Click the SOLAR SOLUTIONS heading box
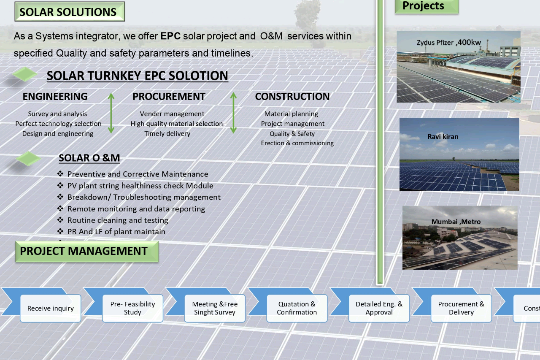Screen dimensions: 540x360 (70, 11)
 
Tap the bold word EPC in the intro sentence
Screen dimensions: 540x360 (170, 36)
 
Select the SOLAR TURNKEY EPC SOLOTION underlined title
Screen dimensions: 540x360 (138, 76)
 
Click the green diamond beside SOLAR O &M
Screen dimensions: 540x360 (28, 158)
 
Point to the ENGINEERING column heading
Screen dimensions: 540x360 (55, 97)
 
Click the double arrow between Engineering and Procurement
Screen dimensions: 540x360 (111, 113)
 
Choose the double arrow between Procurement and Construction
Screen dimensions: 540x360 (233, 113)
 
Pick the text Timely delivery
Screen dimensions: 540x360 (167, 134)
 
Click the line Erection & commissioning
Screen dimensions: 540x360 (297, 143)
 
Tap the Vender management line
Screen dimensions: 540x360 (172, 114)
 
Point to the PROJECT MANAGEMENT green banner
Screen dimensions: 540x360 (87, 252)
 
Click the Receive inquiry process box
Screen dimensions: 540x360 (50, 308)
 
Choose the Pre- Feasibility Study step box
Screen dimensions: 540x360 (132, 308)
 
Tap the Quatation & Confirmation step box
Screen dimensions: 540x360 (297, 308)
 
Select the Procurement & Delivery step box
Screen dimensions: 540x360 (461, 308)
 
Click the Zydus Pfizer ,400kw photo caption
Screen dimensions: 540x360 (448, 43)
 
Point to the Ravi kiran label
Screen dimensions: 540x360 (443, 136)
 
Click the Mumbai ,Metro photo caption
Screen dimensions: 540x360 (456, 222)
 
